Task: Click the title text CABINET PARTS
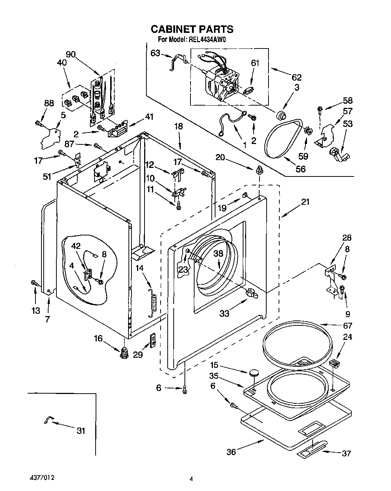pos(192,29)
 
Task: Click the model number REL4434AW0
pos(207,40)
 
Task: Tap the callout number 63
pos(155,53)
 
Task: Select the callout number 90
pos(71,54)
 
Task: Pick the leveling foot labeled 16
pos(124,353)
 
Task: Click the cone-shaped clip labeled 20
pos(259,170)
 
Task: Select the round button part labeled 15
pos(254,373)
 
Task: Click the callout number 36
pos(231,452)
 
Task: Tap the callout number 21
pos(305,202)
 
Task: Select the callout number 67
pos(348,326)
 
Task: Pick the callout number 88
pos(49,103)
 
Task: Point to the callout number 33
pos(224,313)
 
